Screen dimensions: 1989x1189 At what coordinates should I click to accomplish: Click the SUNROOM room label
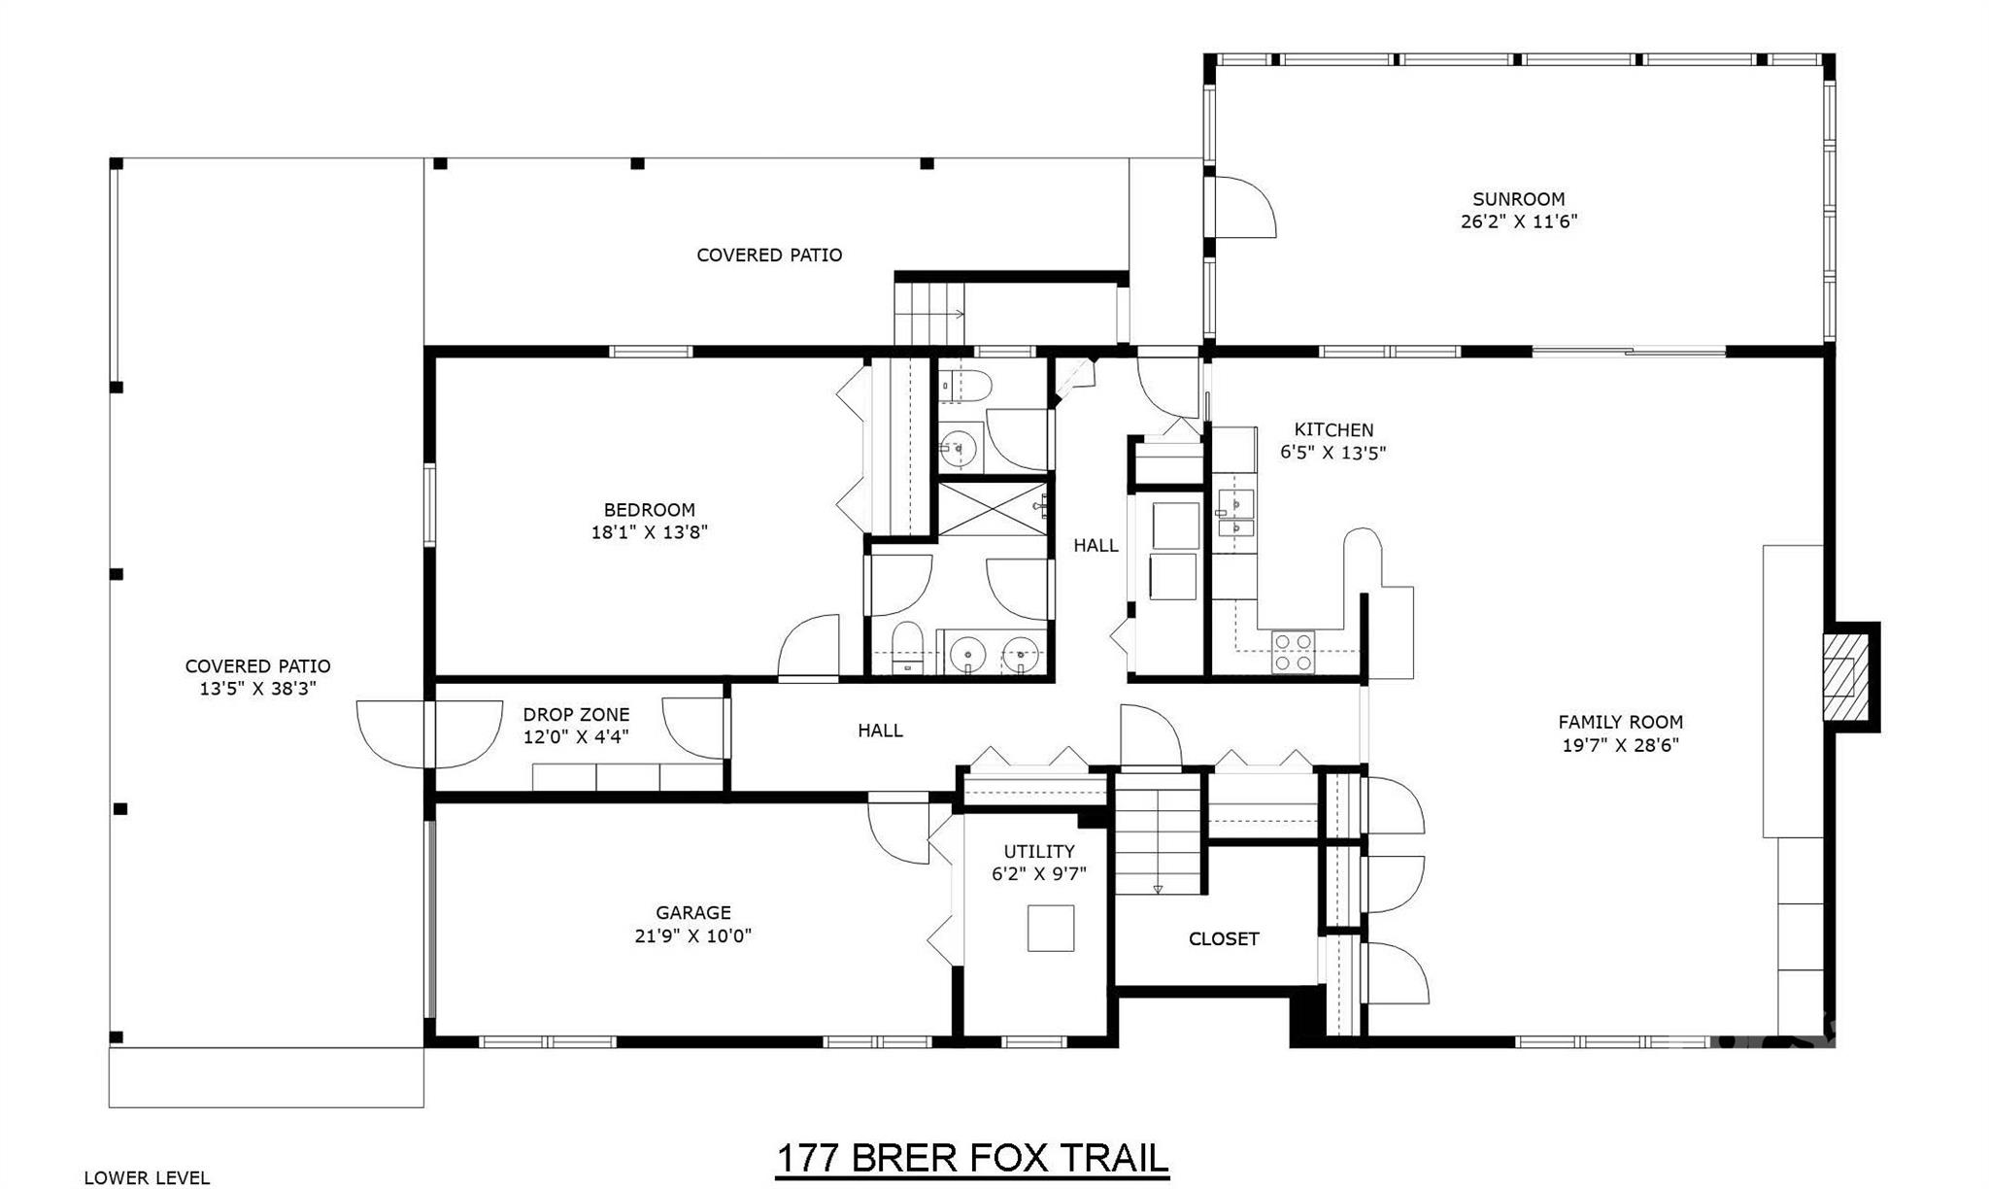coord(1518,199)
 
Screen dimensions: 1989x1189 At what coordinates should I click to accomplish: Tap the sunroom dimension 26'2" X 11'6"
coord(1518,221)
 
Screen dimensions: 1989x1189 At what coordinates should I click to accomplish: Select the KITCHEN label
coord(1333,429)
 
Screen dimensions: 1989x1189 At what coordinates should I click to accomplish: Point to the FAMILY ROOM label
coord(1620,722)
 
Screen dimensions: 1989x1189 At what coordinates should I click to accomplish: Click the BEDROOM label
coord(649,510)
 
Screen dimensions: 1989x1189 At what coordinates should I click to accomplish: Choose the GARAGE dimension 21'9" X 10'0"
coord(692,936)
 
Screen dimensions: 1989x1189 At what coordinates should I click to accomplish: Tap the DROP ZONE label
coord(576,715)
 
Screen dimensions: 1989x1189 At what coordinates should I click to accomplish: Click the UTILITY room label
coord(1038,851)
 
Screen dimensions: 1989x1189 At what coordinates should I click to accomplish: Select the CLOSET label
coord(1224,939)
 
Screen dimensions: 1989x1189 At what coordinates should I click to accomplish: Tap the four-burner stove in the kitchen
coord(1293,652)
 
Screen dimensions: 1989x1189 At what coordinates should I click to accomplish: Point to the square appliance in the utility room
coord(1051,928)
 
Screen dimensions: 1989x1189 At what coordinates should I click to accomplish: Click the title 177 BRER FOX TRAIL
coord(972,1159)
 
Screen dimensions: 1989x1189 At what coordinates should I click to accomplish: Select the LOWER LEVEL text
coord(147,1178)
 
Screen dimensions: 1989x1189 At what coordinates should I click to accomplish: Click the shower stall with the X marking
coord(993,508)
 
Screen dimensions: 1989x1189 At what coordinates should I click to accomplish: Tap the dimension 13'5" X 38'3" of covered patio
coord(258,690)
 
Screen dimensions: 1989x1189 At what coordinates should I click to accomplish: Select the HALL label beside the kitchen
coord(1096,546)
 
